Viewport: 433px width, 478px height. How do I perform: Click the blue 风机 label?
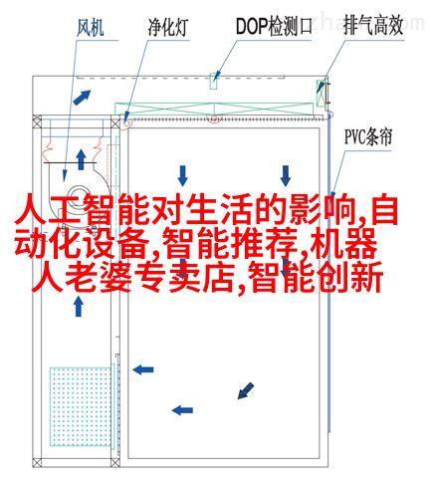tap(91, 28)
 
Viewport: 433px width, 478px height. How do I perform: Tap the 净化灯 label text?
tap(168, 27)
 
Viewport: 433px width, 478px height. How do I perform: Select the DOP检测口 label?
tap(274, 26)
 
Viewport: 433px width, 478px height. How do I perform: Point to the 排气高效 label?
tap(373, 26)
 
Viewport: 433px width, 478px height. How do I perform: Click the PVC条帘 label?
tap(368, 136)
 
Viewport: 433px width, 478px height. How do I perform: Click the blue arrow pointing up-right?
tap(82, 98)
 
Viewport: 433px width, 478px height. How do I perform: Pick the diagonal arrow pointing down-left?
tap(246, 390)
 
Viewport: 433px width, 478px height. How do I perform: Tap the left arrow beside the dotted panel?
tap(143, 369)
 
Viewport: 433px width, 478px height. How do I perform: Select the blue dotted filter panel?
tap(81, 406)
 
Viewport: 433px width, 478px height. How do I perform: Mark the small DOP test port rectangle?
tap(214, 81)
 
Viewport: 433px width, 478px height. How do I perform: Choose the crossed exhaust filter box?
tap(321, 93)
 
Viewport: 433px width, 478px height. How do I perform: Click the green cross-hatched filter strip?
tap(214, 109)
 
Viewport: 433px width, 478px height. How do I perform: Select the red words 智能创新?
tap(316, 277)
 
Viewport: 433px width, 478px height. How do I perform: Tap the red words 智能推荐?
tap(231, 244)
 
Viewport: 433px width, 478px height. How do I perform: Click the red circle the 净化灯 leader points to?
tap(126, 122)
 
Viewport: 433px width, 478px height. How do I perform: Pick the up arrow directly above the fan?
tap(81, 159)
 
